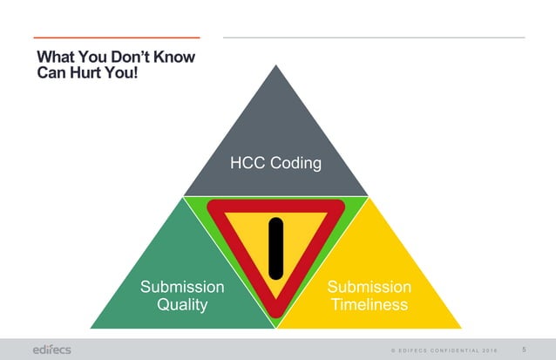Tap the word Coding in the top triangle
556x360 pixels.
[295, 164]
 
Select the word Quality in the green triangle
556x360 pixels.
[182, 305]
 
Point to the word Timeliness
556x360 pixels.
[370, 305]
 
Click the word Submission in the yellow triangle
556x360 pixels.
[370, 287]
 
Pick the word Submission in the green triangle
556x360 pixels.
[182, 287]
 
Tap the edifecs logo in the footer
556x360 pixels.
[51, 349]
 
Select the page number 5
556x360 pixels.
[523, 350]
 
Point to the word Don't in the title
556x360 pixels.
[130, 58]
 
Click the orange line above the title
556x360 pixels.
[116, 37]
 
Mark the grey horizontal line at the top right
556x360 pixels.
[374, 37]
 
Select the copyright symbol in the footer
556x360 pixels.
[392, 350]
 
